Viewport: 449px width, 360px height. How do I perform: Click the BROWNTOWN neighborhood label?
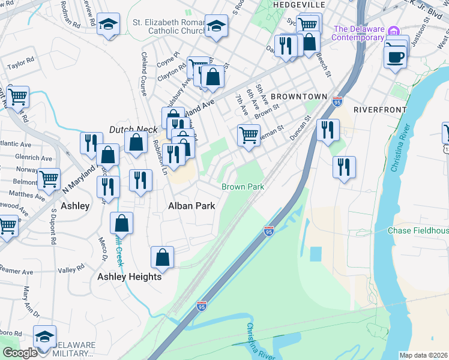(x=298, y=96)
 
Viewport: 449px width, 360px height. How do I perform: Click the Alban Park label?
(x=190, y=206)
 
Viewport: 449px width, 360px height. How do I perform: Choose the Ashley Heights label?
(x=129, y=277)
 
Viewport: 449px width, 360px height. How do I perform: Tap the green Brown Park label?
(x=243, y=187)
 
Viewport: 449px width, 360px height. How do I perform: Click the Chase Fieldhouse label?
(x=418, y=230)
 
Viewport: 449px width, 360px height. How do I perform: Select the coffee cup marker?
(x=395, y=58)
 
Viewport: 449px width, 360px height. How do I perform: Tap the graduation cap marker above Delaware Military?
(x=44, y=337)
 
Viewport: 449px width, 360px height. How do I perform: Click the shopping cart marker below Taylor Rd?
(x=18, y=95)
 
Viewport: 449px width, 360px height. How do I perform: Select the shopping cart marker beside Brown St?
(x=249, y=134)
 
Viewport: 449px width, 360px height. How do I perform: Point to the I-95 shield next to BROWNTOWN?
(x=337, y=101)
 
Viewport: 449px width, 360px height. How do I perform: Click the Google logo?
(x=20, y=353)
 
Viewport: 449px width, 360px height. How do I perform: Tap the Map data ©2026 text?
(x=423, y=355)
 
